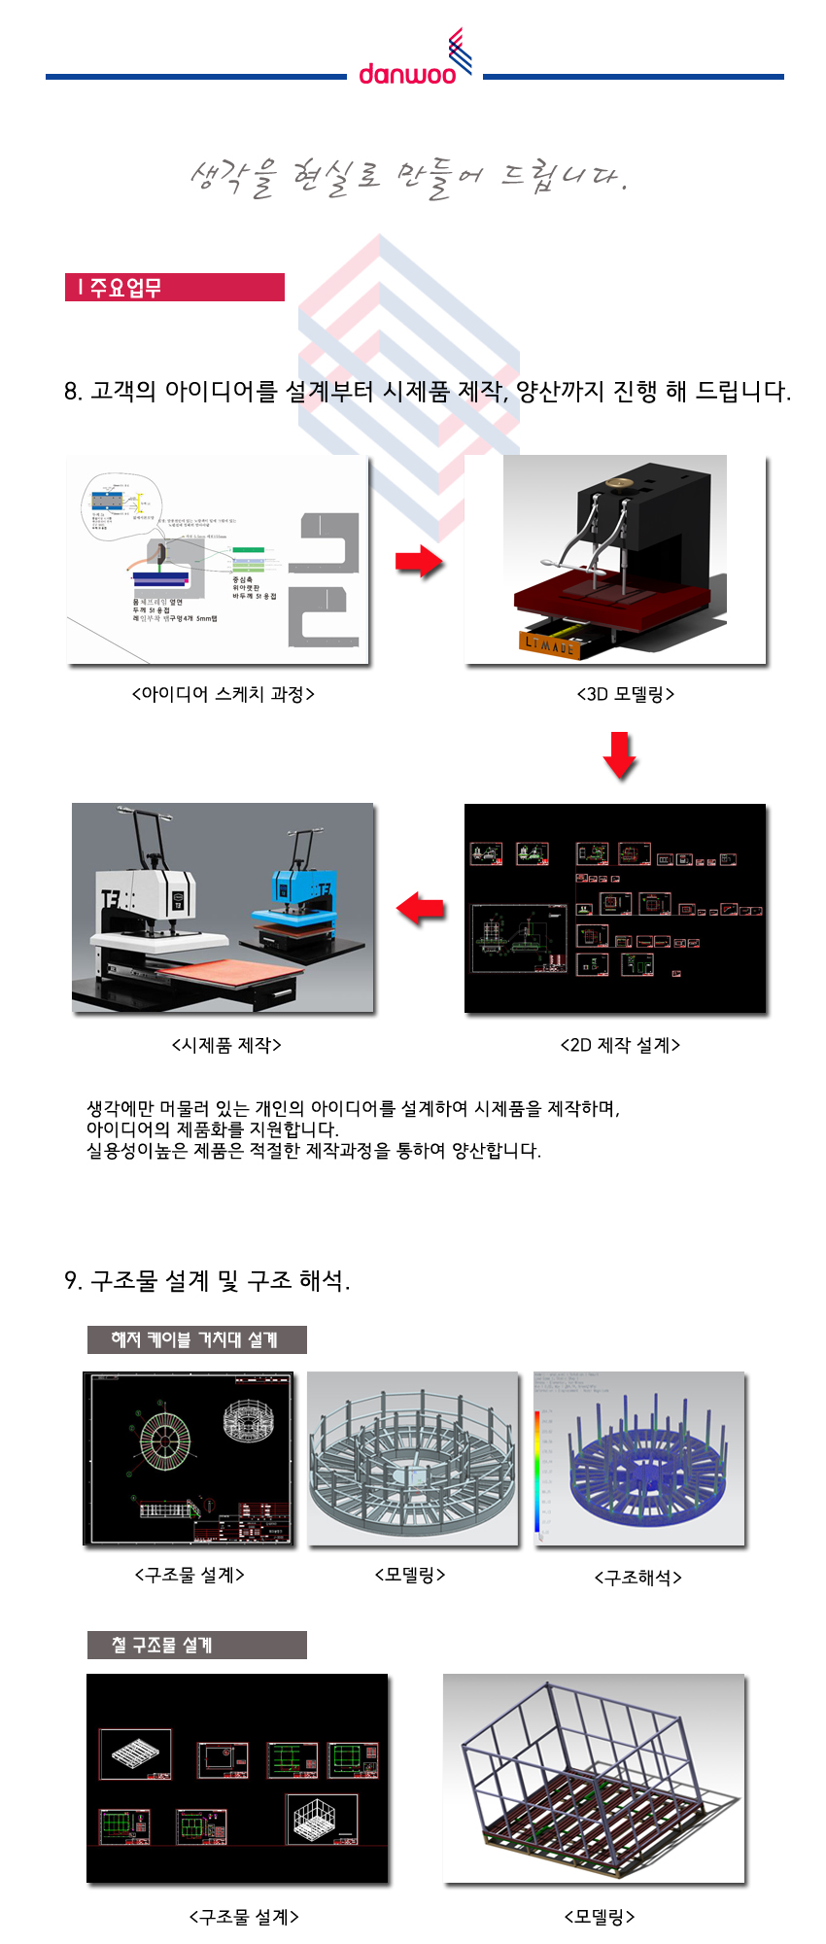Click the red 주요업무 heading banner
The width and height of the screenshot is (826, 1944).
pyautogui.click(x=175, y=288)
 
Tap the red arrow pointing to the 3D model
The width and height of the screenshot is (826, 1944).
pyautogui.click(x=419, y=560)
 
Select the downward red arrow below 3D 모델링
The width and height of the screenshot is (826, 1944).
pyautogui.click(x=620, y=755)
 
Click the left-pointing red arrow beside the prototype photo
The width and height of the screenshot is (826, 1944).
pyautogui.click(x=420, y=909)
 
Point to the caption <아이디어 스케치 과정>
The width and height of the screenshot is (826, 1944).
pyautogui.click(x=223, y=694)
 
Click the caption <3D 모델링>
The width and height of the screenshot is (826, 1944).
pyautogui.click(x=625, y=694)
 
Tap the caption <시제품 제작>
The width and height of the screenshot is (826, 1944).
pyautogui.click(x=226, y=1045)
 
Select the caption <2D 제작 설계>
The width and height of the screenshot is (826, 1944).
pyautogui.click(x=620, y=1045)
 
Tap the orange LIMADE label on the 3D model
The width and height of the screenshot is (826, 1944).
pyautogui.click(x=550, y=643)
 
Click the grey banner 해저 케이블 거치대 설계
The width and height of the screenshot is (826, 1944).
pyautogui.click(x=196, y=1339)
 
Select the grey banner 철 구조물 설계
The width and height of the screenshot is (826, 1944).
pyautogui.click(x=196, y=1645)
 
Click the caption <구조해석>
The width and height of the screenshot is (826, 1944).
pyautogui.click(x=637, y=1577)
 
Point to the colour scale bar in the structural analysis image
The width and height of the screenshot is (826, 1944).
pyautogui.click(x=537, y=1473)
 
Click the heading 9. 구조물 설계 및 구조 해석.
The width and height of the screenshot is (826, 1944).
pyautogui.click(x=207, y=1281)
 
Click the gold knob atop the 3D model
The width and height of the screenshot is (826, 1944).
pyautogui.click(x=614, y=483)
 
